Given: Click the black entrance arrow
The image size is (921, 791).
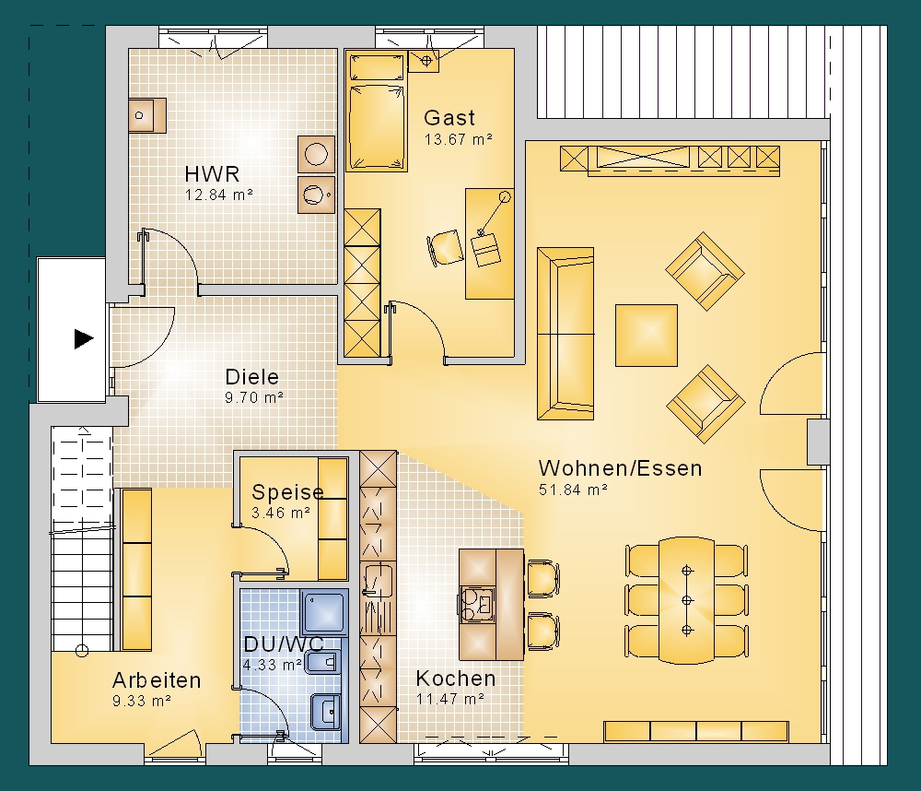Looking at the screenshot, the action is pyautogui.click(x=84, y=338).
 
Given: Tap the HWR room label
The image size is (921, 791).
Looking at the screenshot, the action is pyautogui.click(x=212, y=174).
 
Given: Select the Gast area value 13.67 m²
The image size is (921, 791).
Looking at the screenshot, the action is pyautogui.click(x=458, y=139).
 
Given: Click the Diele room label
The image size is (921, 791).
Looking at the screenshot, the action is pyautogui.click(x=252, y=376).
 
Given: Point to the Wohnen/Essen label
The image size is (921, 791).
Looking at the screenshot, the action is pyautogui.click(x=620, y=468).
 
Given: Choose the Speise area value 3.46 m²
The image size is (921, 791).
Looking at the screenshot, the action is pyautogui.click(x=281, y=513).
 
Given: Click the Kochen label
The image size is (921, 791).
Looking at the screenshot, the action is pyautogui.click(x=456, y=679).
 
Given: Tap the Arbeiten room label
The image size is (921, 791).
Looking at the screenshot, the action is pyautogui.click(x=157, y=679).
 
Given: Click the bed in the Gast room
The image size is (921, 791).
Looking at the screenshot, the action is pyautogui.click(x=377, y=112).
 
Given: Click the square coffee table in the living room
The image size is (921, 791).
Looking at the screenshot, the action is pyautogui.click(x=647, y=336).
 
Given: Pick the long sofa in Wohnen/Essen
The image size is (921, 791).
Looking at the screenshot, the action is pyautogui.click(x=565, y=334).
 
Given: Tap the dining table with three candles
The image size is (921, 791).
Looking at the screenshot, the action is pyautogui.click(x=686, y=600).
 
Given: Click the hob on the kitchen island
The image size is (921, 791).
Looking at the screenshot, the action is pyautogui.click(x=477, y=605).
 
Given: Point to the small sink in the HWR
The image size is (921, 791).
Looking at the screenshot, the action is pyautogui.click(x=146, y=115).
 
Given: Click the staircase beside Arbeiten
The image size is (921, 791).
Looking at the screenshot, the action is pyautogui.click(x=81, y=538).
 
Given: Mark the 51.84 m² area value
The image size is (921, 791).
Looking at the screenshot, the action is pyautogui.click(x=573, y=490).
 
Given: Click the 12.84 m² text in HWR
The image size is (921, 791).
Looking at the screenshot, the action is pyautogui.click(x=218, y=195).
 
